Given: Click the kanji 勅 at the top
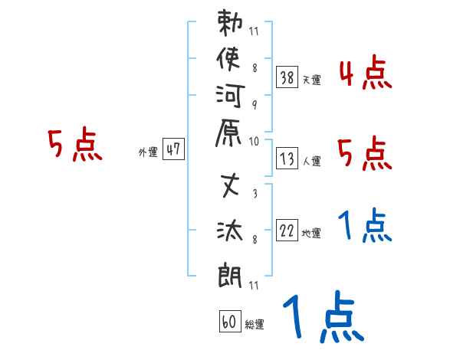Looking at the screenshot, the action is click(x=230, y=24).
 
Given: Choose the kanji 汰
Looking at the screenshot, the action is click(x=230, y=229).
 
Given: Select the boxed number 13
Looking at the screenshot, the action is click(x=287, y=159).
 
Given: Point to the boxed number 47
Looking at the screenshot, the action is click(x=173, y=150).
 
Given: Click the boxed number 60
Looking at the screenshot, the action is click(x=228, y=322).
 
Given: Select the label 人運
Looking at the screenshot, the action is click(x=311, y=162).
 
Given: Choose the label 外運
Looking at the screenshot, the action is click(x=148, y=152).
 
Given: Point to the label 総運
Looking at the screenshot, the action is click(x=255, y=325).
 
